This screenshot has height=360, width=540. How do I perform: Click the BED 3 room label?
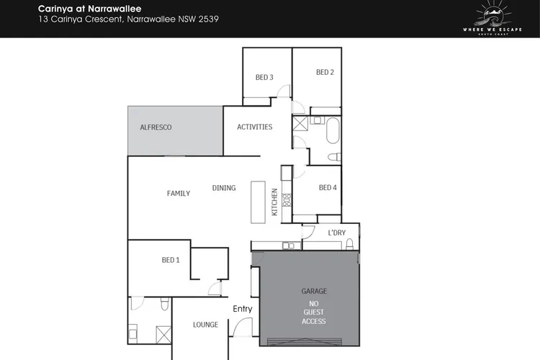coord(264,78)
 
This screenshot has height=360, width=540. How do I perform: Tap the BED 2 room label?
coord(325,72)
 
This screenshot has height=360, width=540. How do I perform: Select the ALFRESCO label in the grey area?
coord(156,127)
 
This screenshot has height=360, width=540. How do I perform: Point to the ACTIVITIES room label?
coord(254,127)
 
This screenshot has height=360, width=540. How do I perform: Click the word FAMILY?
coord(179,194)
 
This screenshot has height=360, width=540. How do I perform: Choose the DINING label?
coord(224,188)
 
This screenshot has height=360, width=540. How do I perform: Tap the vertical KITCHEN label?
coord(274,202)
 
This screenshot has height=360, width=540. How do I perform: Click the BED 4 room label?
coord(328,188)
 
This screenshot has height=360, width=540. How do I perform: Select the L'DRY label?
coord(336,233)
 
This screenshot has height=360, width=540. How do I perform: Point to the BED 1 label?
coord(171,260)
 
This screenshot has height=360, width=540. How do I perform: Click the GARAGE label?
coord(314,292)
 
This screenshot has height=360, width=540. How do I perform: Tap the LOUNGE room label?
coord(205,325)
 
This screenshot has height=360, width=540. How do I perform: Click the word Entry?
coord(243,309)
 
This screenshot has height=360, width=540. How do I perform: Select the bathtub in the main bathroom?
coord(333,130)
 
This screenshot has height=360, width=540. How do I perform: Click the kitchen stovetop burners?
coord(287,200)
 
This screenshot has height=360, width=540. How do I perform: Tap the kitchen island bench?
coord(258,202)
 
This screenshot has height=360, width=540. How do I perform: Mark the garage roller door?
coord(305,342)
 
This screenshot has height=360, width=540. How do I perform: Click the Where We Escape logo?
coord(492,18)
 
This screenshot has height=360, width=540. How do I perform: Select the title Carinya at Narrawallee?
coord(89,9)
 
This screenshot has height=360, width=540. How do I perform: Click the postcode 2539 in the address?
coord(208,19)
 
